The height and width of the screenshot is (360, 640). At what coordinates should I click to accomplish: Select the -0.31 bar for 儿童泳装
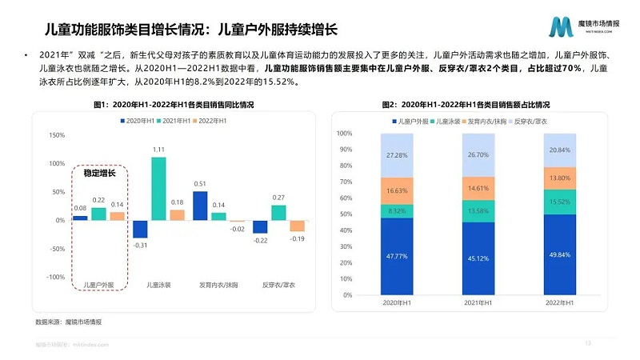pos(141,229)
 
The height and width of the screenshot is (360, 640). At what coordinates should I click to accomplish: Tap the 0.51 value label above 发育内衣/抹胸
pos(200,184)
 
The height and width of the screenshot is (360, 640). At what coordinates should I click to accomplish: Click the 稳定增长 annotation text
pos(99,173)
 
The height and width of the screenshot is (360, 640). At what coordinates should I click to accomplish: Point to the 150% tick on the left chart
pos(57,135)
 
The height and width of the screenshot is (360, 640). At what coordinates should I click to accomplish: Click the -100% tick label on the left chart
pos(55,277)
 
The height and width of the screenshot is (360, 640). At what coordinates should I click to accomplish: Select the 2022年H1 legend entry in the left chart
pos(207,120)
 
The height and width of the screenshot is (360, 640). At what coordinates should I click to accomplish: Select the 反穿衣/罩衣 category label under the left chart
pos(279,285)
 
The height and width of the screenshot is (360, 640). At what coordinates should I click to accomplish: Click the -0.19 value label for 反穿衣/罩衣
pos(297,238)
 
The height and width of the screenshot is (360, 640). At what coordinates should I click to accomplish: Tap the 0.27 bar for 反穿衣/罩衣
pos(278,212)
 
